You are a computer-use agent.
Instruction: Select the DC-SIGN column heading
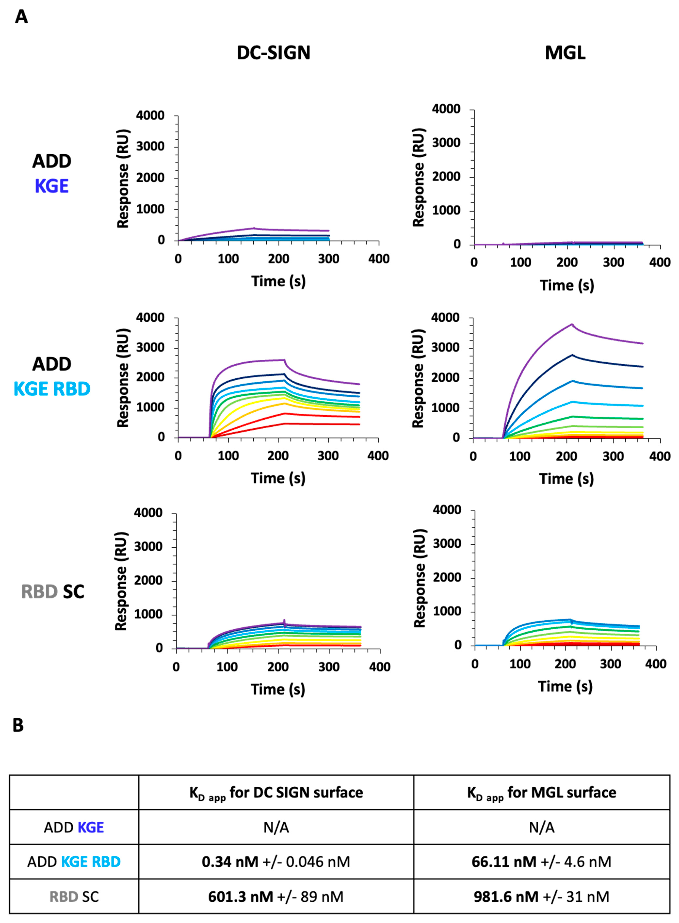[273, 53]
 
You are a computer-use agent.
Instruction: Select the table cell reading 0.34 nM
[276, 862]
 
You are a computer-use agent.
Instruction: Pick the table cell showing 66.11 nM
[541, 862]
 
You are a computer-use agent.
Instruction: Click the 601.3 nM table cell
[276, 897]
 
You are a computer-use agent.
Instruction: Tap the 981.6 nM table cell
[541, 897]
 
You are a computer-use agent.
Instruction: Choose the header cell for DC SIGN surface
[276, 793]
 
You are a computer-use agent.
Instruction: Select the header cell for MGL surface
[541, 793]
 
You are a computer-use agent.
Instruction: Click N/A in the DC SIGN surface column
[276, 827]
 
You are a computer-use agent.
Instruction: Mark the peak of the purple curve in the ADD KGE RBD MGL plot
[572, 324]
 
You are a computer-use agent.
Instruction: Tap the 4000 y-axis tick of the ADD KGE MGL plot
[446, 109]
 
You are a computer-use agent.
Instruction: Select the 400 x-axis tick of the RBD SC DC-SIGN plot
[379, 667]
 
